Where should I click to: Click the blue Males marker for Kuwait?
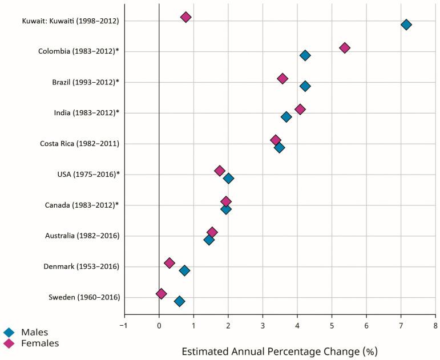(x=406, y=25)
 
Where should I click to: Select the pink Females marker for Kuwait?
(x=185, y=17)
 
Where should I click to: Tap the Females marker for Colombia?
(x=344, y=48)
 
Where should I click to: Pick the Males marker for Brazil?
(x=305, y=86)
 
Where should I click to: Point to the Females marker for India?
(x=300, y=110)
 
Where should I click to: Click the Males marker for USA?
(x=228, y=179)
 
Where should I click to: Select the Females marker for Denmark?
(x=169, y=263)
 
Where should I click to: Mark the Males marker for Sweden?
(x=179, y=301)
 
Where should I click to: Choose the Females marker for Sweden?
(x=162, y=294)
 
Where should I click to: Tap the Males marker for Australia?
(x=209, y=240)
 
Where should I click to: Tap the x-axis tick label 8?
(x=435, y=325)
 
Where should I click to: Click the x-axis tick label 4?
(x=297, y=325)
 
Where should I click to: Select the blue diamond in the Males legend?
(x=9, y=332)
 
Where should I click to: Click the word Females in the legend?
(x=40, y=343)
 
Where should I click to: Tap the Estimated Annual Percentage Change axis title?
(x=279, y=350)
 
